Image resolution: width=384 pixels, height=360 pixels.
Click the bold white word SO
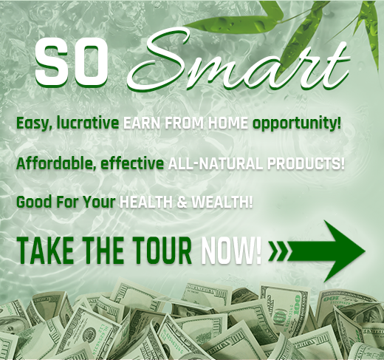point(72,64)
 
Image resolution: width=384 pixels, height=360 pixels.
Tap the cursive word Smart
point(239,61)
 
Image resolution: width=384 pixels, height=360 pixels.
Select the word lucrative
point(88,123)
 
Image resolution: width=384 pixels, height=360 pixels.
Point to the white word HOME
point(227,123)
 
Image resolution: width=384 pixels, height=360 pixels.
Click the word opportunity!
point(296,123)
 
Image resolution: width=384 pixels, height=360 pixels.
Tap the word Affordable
point(56,163)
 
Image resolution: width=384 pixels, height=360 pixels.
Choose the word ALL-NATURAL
point(216,163)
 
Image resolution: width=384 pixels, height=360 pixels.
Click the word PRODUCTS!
point(306,163)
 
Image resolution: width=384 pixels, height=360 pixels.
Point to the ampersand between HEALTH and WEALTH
point(182,203)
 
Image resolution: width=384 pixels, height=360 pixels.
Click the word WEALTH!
point(222,203)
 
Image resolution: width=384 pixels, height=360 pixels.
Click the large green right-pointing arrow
point(326,251)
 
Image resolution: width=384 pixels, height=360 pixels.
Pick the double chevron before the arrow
point(278,251)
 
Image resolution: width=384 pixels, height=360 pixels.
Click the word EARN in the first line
point(142,123)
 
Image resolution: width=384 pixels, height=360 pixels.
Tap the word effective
point(132,163)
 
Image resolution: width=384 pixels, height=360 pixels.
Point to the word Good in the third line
point(34,202)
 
